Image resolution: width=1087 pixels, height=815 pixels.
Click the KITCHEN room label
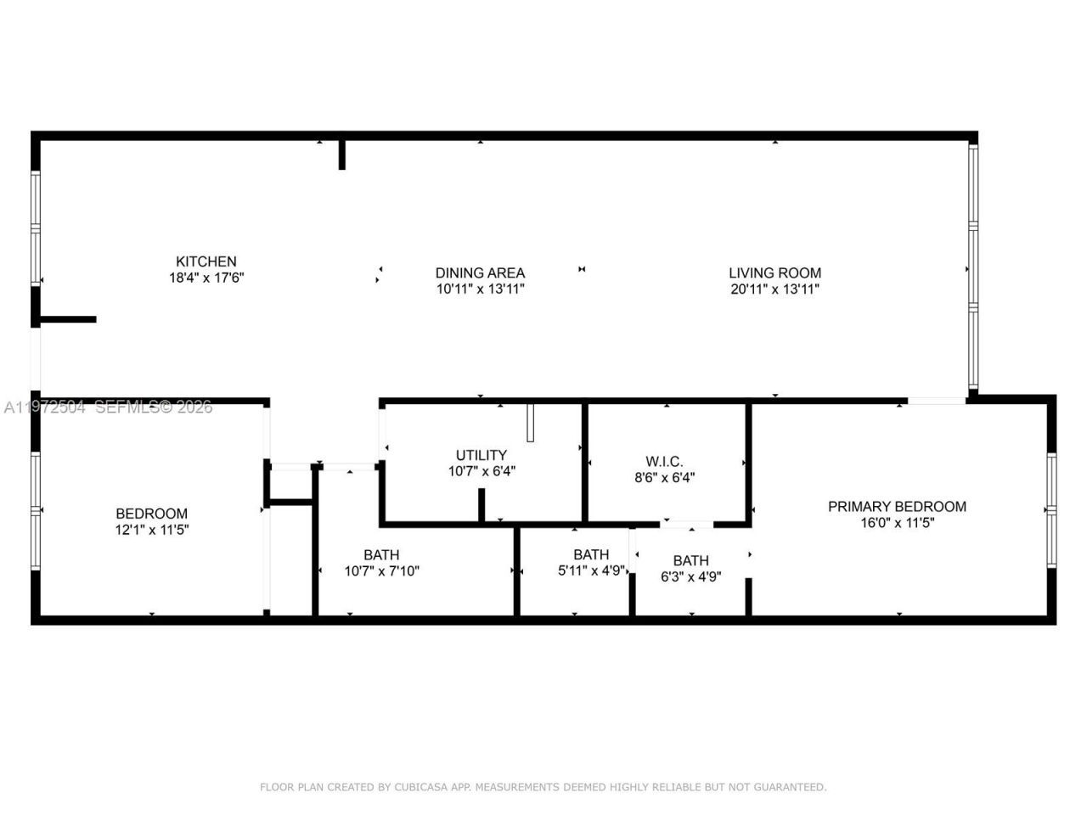(206, 261)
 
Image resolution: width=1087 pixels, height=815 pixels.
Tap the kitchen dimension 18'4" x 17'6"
(206, 278)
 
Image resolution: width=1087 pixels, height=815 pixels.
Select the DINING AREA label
(480, 273)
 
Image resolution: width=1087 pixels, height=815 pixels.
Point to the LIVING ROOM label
(774, 273)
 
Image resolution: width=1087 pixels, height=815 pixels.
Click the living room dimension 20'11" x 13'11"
(774, 289)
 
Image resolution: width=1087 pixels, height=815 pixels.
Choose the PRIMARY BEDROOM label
(897, 506)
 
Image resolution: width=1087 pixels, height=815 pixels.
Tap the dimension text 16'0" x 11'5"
(897, 523)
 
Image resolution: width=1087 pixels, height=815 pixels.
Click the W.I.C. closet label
(664, 461)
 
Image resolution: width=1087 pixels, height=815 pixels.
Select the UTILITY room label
(481, 455)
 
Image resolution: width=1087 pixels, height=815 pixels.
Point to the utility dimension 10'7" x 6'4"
(482, 471)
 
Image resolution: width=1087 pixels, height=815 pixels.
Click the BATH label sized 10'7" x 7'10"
(381, 555)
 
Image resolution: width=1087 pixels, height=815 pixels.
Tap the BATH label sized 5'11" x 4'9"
(591, 555)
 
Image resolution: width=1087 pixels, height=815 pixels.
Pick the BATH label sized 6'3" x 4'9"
(690, 560)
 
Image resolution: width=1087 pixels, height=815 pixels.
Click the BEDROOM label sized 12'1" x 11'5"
(151, 514)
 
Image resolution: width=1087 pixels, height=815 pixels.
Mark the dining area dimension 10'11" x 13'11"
(480, 289)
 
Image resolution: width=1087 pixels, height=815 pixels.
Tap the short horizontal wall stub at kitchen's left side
(68, 319)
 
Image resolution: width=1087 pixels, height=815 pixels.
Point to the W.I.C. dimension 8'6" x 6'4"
(664, 477)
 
